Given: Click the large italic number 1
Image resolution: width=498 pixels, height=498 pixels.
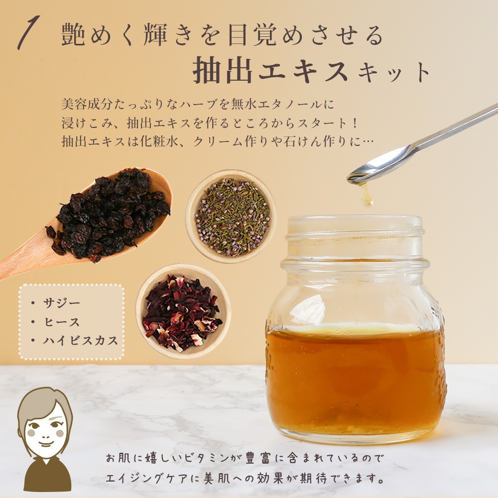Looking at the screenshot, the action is (x=28, y=33).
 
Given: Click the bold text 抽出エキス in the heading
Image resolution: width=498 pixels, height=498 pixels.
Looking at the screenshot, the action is (x=270, y=70).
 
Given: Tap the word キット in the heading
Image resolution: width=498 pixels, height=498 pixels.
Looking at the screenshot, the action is (x=394, y=72).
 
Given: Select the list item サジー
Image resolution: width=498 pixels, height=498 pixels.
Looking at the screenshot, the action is (x=62, y=303).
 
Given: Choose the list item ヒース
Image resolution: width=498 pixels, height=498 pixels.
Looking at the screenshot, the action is (x=62, y=322).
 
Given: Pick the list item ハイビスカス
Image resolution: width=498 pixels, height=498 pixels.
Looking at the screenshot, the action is (x=81, y=341).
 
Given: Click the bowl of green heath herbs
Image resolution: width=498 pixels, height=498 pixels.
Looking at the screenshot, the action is (x=231, y=217).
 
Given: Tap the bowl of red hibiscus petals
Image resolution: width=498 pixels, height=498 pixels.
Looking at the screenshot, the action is (x=184, y=311).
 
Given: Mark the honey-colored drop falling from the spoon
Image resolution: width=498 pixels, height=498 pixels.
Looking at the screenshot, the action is (x=367, y=194).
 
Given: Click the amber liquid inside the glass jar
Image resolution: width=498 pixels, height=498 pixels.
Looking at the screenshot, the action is (x=354, y=378).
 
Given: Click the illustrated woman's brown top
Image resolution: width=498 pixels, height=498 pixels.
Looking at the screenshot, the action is (x=48, y=474).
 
